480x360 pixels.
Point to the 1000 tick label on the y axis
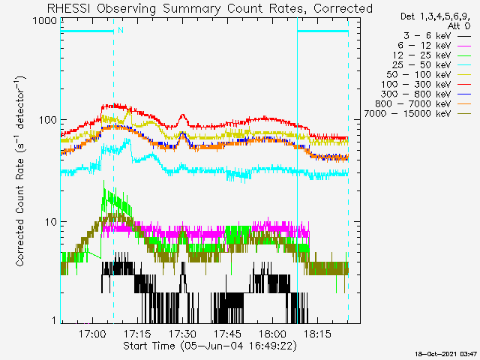pyautogui.click(x=43, y=21)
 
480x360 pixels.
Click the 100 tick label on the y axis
pyautogui.click(x=46, y=121)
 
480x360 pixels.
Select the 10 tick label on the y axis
pyautogui.click(x=49, y=222)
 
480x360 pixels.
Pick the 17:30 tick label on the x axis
pyautogui.click(x=182, y=334)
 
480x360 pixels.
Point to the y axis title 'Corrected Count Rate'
pyautogui.click(x=21, y=171)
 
